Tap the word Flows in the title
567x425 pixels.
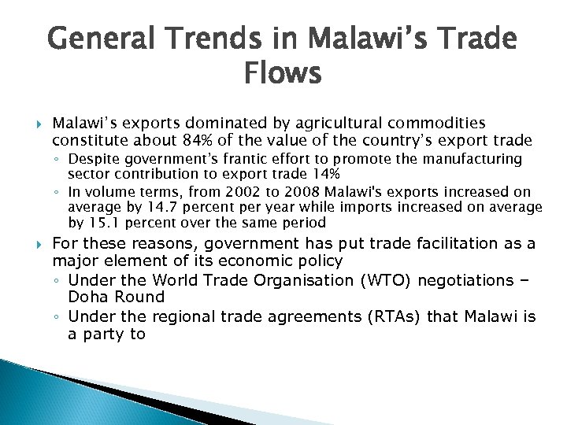tap(283, 75)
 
